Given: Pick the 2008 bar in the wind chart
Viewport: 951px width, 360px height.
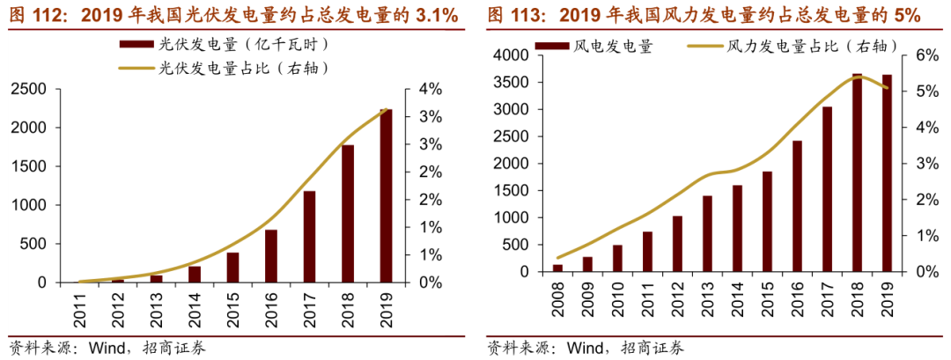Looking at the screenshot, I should point(557,268).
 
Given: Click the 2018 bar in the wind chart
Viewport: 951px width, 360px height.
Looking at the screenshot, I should point(857,173).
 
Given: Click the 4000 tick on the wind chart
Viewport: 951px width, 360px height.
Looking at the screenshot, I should point(509,55).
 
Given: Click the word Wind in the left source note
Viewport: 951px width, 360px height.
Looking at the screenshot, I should point(107,348).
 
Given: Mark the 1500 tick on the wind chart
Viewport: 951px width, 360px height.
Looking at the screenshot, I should point(509,191).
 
